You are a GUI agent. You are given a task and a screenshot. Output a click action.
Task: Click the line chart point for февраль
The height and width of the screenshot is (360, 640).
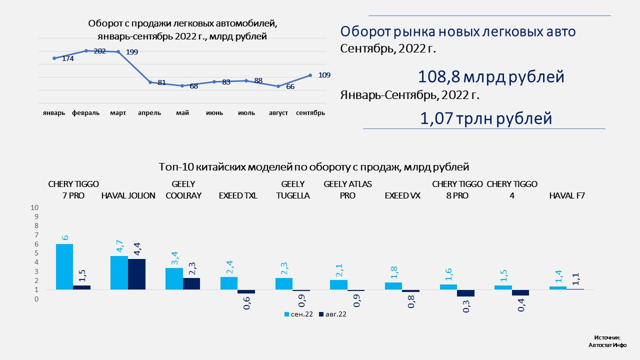86,50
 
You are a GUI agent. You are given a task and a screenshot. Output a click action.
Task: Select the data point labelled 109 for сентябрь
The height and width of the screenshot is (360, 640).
310,75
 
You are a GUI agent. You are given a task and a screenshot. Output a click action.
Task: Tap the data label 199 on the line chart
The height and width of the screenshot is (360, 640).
132,52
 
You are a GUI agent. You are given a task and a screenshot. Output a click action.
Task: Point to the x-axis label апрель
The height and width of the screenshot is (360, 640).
149,113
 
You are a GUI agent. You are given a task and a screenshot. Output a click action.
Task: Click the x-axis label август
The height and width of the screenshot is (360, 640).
278,113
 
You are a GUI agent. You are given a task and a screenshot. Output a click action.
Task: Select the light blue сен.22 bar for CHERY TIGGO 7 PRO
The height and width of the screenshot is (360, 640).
64,266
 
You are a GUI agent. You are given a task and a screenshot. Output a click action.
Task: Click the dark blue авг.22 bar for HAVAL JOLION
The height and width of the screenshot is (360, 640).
136,274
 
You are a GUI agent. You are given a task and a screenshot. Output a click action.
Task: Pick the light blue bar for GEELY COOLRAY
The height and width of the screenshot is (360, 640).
174,278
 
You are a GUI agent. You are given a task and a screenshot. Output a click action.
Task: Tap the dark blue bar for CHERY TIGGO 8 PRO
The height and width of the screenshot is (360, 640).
466,293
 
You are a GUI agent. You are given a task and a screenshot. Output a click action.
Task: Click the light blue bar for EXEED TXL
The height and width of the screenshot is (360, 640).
229,283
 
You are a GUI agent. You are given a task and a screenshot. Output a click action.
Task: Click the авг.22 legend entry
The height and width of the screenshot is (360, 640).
332,314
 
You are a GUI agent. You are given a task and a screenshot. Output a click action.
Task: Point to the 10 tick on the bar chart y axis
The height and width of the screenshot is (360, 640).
34,207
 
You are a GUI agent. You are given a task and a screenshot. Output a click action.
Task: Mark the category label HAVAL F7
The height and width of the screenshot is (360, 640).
567,196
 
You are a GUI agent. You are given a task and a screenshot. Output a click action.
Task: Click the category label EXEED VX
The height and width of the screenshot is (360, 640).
402,196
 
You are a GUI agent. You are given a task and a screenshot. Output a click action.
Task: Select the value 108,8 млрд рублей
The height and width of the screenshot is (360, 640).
491,77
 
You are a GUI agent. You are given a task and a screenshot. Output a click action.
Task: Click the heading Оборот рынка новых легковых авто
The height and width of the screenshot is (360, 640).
458,32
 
